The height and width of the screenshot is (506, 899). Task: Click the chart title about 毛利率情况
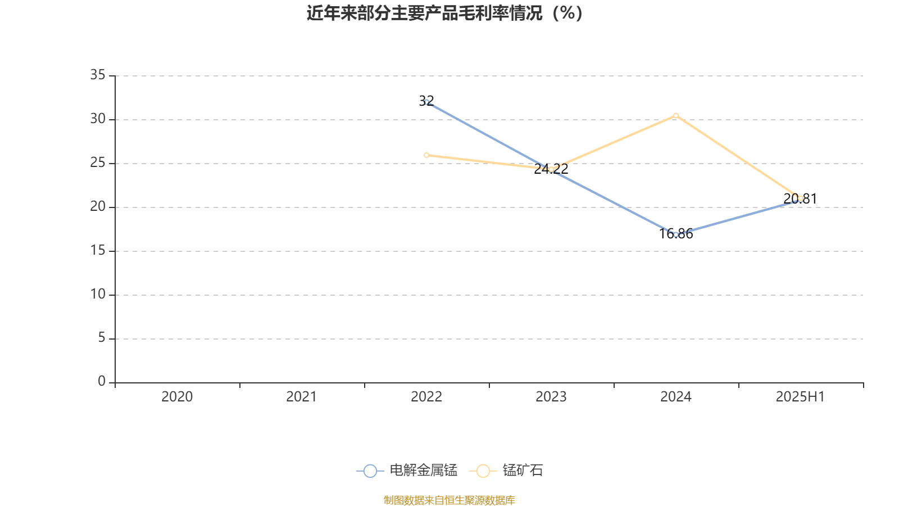click(x=445, y=13)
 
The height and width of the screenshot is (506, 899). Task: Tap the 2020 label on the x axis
click(x=177, y=397)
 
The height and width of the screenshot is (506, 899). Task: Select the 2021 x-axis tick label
click(x=302, y=397)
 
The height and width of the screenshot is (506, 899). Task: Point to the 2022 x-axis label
click(x=426, y=397)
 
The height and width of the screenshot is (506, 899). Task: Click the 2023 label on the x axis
click(x=551, y=397)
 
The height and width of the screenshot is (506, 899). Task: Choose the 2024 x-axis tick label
click(x=676, y=397)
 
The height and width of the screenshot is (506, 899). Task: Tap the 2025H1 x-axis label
click(x=800, y=397)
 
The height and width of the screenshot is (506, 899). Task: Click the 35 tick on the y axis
click(x=98, y=75)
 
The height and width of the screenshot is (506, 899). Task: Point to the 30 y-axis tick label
click(x=98, y=119)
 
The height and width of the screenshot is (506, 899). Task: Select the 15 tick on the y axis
click(x=98, y=250)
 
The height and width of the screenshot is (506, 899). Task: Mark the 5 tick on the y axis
click(x=102, y=338)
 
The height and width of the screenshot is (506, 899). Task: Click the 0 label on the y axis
click(x=102, y=382)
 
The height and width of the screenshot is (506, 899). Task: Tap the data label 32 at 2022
click(x=426, y=101)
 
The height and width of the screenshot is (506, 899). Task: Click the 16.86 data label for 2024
click(x=676, y=234)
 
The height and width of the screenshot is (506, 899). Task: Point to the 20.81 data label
click(x=800, y=198)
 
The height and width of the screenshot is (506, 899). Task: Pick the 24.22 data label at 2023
click(x=551, y=169)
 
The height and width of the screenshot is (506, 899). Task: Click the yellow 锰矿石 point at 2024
click(x=676, y=116)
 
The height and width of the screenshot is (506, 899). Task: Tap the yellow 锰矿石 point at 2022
click(x=426, y=155)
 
